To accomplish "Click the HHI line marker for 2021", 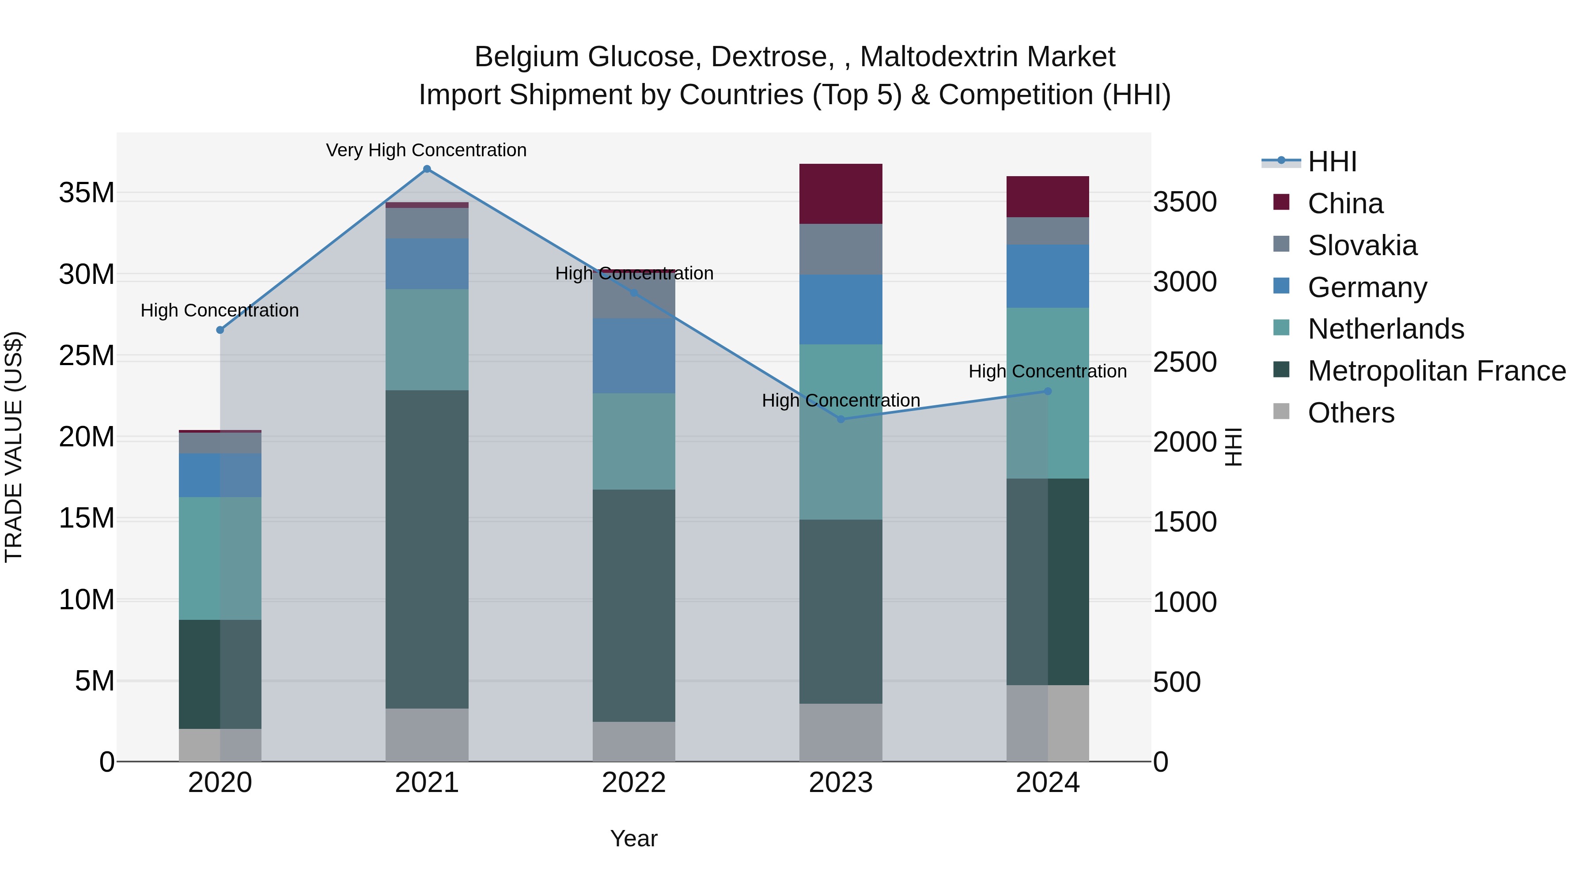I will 427,169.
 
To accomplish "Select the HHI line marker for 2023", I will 840,419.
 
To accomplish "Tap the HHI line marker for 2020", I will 220,330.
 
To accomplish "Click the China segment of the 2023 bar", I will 840,194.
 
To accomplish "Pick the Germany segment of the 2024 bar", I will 1048,276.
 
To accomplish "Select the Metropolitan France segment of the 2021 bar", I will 427,549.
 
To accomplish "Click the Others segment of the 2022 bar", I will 634,742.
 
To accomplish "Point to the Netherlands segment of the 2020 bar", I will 220,558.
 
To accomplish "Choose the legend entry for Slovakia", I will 1362,245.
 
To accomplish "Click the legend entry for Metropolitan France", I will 1436,371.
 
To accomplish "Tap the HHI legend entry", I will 1331,162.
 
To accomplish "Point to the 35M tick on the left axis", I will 87,193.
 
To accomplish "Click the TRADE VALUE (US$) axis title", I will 14,447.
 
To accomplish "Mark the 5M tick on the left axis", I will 95,681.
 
